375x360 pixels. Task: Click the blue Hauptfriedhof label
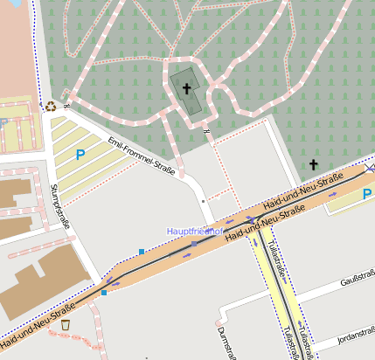point(195,231)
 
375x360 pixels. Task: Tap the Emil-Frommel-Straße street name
point(141,156)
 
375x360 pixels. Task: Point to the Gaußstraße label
point(358,282)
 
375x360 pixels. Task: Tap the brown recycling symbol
point(51,107)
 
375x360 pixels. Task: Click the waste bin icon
point(66,325)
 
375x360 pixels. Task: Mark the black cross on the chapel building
point(186,88)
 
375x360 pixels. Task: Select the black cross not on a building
point(314,164)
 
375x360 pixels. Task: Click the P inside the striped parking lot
point(80,156)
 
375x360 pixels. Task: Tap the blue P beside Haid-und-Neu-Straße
point(367,193)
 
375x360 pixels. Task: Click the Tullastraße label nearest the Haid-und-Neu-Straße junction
point(277,257)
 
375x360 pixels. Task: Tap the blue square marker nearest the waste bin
point(104,293)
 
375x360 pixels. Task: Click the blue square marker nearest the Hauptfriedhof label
point(141,252)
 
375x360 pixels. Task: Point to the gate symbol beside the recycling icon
point(66,107)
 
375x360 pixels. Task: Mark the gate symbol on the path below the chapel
point(207,131)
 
